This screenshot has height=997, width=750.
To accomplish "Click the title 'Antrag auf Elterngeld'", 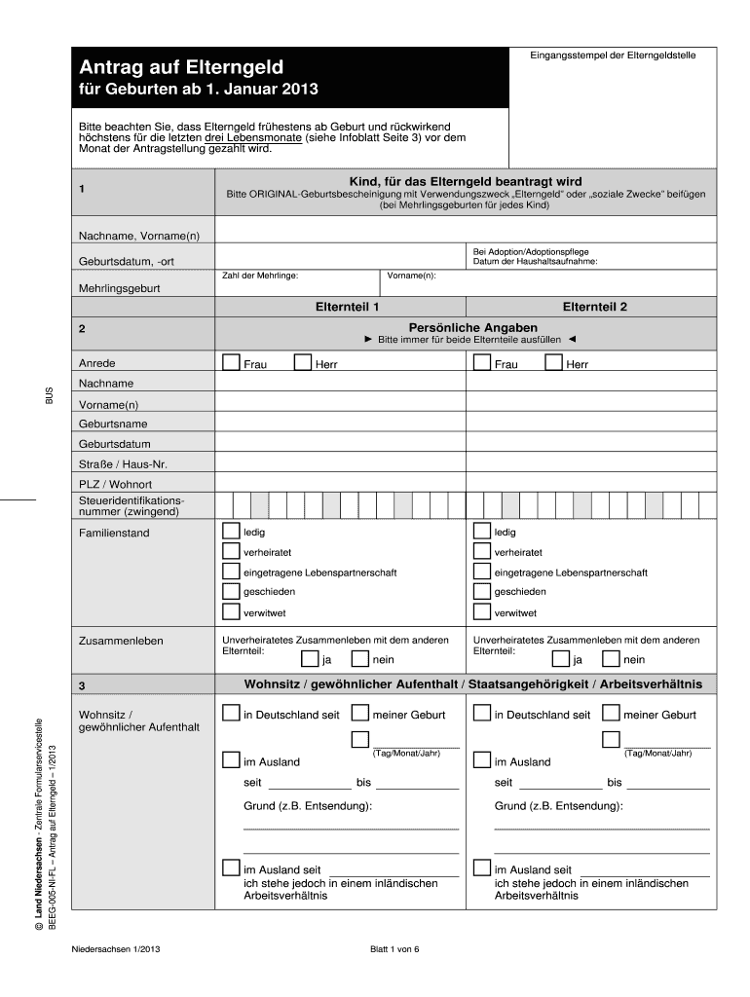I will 181,67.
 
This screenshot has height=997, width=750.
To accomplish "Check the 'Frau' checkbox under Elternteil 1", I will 231,363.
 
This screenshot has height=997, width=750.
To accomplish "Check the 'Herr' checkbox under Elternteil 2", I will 553,363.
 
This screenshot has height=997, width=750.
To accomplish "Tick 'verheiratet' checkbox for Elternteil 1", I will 231,552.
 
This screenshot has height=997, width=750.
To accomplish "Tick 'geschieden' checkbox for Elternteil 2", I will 481,591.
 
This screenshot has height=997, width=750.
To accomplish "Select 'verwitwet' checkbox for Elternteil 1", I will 231,611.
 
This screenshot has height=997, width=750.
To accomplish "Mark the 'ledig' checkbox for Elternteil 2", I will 481,532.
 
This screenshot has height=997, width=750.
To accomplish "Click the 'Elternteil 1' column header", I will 341,306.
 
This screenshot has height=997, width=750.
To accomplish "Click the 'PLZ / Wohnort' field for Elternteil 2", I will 591,484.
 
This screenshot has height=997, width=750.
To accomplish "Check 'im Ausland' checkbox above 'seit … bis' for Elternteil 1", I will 231,759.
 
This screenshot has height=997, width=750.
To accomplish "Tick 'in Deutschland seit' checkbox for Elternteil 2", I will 481,713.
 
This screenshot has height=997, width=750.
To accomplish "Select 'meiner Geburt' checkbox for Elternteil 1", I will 359,713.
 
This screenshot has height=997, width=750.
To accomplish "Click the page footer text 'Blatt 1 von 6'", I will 394,950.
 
